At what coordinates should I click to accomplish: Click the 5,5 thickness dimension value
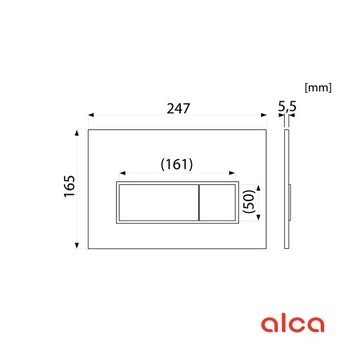point(288,102)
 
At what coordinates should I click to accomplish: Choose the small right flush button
point(219,204)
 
